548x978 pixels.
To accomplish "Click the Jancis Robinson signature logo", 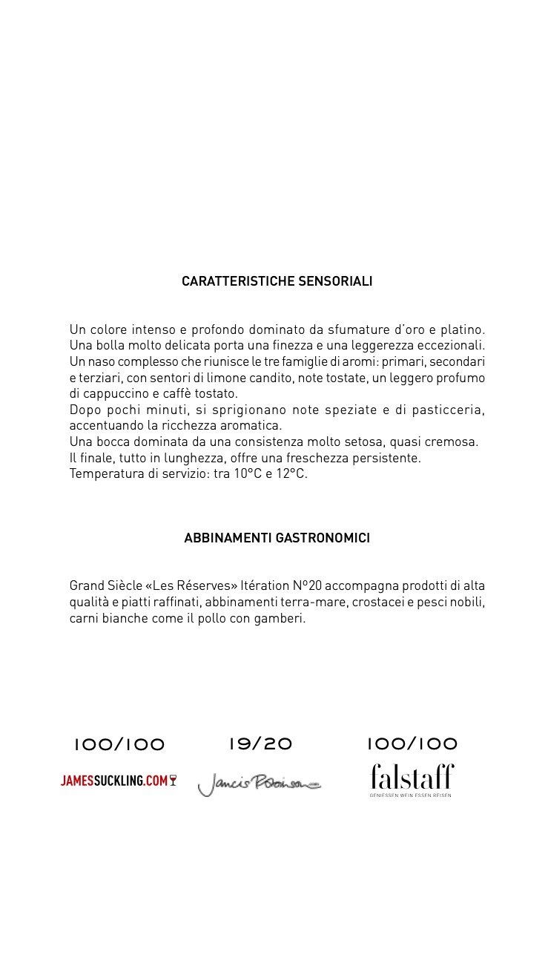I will [x=260, y=784].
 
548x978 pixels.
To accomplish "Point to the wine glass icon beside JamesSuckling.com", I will [x=173, y=781].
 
